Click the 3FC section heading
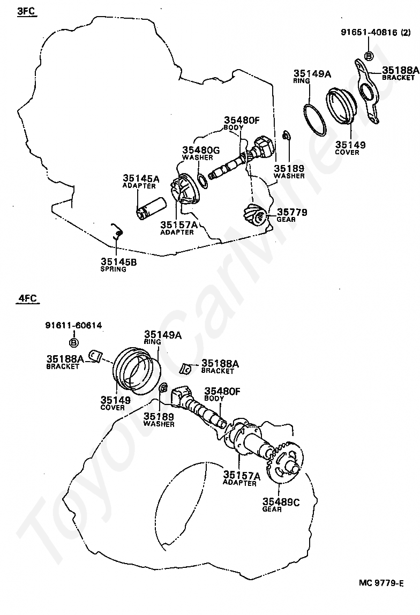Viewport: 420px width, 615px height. (x=26, y=11)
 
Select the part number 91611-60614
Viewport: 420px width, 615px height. (x=74, y=325)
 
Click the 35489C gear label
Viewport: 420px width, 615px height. (x=281, y=501)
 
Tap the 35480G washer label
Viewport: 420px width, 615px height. (x=201, y=151)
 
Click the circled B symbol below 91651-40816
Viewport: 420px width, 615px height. (x=369, y=56)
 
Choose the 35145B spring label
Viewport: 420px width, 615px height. (x=118, y=262)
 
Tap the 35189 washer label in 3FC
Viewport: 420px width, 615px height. (x=289, y=167)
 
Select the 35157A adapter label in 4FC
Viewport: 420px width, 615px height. (x=242, y=475)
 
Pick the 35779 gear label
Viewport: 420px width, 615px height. (x=292, y=212)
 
